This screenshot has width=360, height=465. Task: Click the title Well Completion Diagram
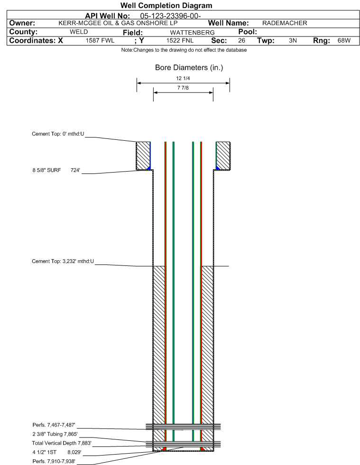point(166,6)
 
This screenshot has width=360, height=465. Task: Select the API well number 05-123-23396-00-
point(170,16)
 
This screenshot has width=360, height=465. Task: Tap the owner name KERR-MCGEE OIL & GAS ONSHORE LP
point(118,23)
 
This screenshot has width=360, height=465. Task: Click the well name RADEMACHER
point(285,23)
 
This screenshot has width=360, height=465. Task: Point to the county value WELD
point(79,32)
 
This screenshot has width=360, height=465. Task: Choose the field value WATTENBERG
point(192,32)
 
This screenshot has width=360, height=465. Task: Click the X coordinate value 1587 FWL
point(100,40)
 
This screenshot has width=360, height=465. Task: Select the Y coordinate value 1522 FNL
point(180,40)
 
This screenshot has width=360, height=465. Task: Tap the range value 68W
point(344,40)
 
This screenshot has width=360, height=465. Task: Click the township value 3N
point(293,40)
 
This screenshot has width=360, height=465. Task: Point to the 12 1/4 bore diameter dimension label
point(183,78)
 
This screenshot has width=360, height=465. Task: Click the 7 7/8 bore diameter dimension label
point(183,88)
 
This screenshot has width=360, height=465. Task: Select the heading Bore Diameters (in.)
point(189,68)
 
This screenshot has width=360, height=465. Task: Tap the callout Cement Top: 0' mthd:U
point(58,134)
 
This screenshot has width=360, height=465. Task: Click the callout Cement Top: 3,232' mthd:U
point(63,261)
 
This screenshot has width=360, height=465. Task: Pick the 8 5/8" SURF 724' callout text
point(56,170)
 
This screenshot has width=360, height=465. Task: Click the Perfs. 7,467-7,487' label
point(54,425)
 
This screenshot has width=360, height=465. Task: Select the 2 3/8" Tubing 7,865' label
point(55,434)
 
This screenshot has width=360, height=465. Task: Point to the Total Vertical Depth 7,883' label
point(62,443)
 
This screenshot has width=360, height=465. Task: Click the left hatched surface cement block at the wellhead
point(143,156)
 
